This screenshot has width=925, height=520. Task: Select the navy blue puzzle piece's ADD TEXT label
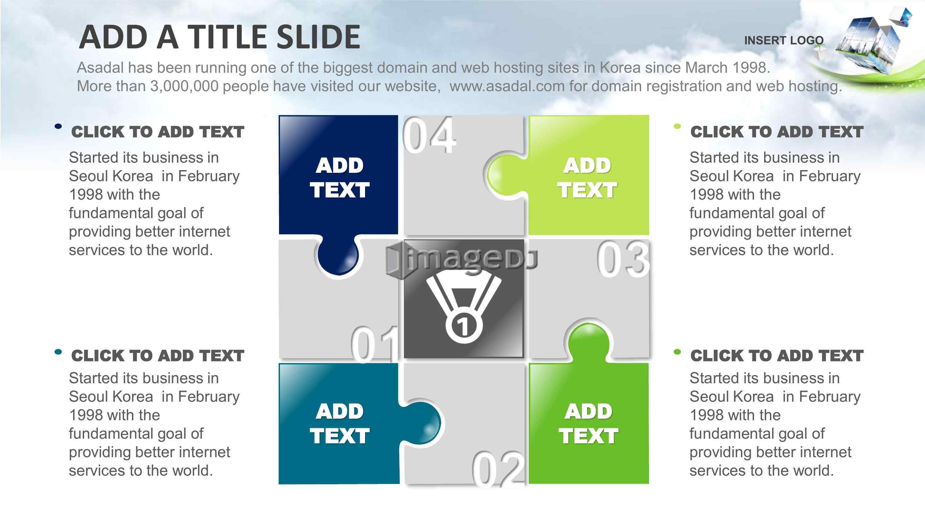click(339, 178)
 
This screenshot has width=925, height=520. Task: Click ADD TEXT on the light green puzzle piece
click(587, 178)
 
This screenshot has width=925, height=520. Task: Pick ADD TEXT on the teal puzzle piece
click(339, 424)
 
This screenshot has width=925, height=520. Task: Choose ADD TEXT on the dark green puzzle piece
click(589, 424)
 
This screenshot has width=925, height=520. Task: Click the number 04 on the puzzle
click(429, 135)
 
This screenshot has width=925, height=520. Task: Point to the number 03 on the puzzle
click(623, 259)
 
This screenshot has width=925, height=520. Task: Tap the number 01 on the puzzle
click(375, 344)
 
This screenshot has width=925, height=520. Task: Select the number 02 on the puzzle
click(498, 468)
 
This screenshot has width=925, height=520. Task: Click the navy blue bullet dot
click(58, 126)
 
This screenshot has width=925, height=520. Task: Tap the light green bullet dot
click(677, 126)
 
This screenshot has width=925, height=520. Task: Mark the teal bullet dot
click(58, 352)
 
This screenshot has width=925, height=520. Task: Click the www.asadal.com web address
click(507, 86)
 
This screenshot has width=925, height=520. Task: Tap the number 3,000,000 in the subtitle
click(184, 87)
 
